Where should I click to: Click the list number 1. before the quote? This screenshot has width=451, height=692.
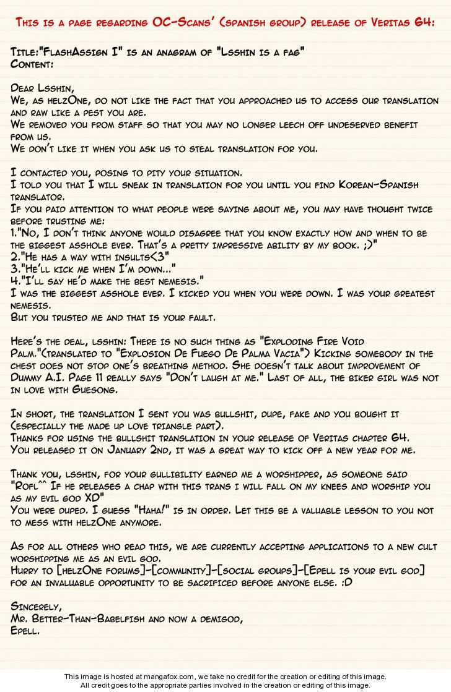pyautogui.click(x=15, y=233)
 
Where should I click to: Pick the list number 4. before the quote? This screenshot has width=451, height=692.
pyautogui.click(x=15, y=281)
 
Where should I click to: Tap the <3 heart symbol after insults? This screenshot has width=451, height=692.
pyautogui.click(x=159, y=257)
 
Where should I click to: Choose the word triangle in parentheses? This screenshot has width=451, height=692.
pyautogui.click(x=207, y=425)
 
